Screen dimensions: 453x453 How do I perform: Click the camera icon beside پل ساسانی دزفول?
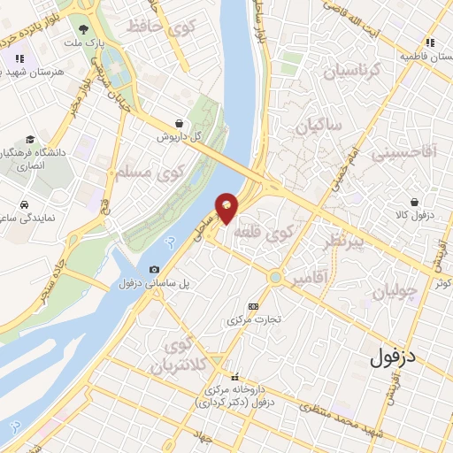pyautogui.click(x=155, y=269)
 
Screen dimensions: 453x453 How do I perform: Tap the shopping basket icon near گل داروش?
pyautogui.click(x=180, y=124)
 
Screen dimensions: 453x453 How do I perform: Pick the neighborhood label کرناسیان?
pyautogui.click(x=349, y=70)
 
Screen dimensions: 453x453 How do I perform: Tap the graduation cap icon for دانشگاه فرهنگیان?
pyautogui.click(x=31, y=139)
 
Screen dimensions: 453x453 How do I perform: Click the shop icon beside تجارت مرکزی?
pyautogui.click(x=254, y=304)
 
